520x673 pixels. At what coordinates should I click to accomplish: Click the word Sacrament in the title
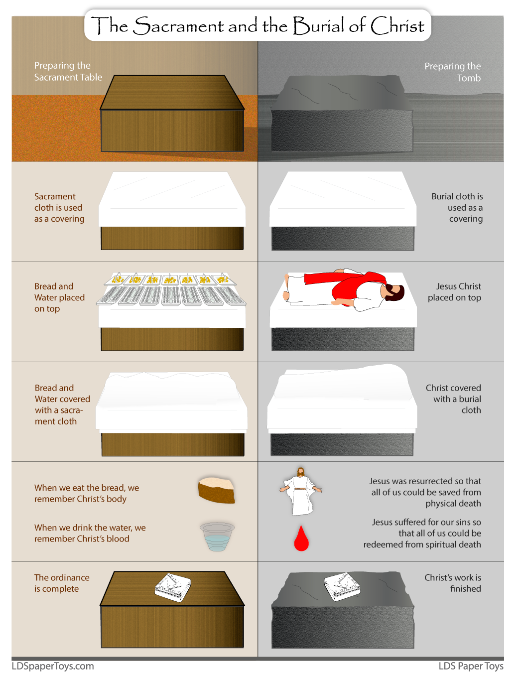178,26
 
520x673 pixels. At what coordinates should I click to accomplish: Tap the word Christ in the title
397,26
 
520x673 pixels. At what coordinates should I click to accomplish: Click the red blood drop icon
301,539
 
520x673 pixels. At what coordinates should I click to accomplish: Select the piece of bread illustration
217,490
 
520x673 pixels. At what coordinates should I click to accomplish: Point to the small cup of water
217,536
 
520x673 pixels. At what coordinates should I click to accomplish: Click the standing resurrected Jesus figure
301,491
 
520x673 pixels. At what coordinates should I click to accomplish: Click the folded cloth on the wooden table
173,587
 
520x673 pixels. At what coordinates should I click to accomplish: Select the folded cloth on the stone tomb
342,585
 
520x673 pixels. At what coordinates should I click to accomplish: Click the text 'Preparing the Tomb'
452,72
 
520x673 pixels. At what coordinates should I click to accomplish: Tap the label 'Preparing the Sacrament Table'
68,71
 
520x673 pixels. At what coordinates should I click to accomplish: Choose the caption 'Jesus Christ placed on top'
454,292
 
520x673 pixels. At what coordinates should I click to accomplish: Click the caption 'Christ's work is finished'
452,583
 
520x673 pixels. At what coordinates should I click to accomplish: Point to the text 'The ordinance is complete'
62,583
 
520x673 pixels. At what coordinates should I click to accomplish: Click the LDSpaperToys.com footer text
53,666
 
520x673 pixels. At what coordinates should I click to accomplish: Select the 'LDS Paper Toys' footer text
471,666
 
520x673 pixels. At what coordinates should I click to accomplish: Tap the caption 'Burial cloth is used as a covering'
458,207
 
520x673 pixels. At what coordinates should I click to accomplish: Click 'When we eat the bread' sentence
86,493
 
